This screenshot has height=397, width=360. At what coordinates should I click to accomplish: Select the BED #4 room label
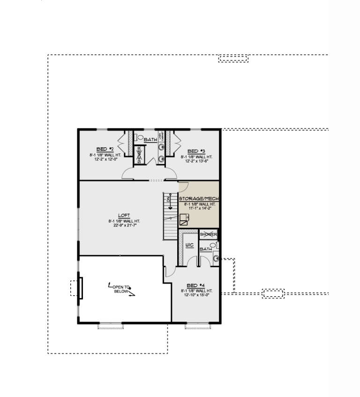[x=195, y=285]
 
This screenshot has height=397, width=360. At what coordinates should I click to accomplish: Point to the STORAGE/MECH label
[x=199, y=198]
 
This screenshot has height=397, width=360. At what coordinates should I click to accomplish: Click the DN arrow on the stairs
[x=171, y=201]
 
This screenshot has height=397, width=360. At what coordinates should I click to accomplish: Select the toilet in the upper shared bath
[x=140, y=138]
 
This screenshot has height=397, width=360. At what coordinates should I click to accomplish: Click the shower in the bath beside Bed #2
[x=139, y=155]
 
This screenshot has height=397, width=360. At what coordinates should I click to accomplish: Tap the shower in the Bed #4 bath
[x=208, y=234]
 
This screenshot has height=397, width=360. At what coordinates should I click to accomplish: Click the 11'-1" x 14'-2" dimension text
[x=199, y=209]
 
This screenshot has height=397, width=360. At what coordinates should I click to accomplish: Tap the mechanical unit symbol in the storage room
[x=185, y=218]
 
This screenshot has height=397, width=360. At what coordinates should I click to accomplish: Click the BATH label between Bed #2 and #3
[x=150, y=140]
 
